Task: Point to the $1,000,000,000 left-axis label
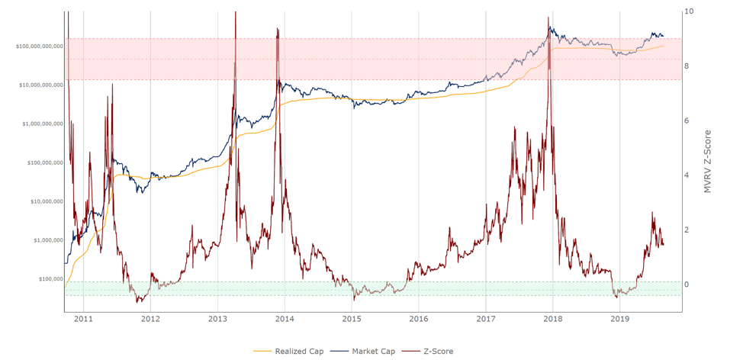[x=43, y=124]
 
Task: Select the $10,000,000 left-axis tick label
[x=46, y=202]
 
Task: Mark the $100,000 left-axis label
[x=50, y=279]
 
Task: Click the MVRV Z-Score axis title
[x=709, y=160]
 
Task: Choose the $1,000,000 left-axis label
[x=47, y=240]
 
